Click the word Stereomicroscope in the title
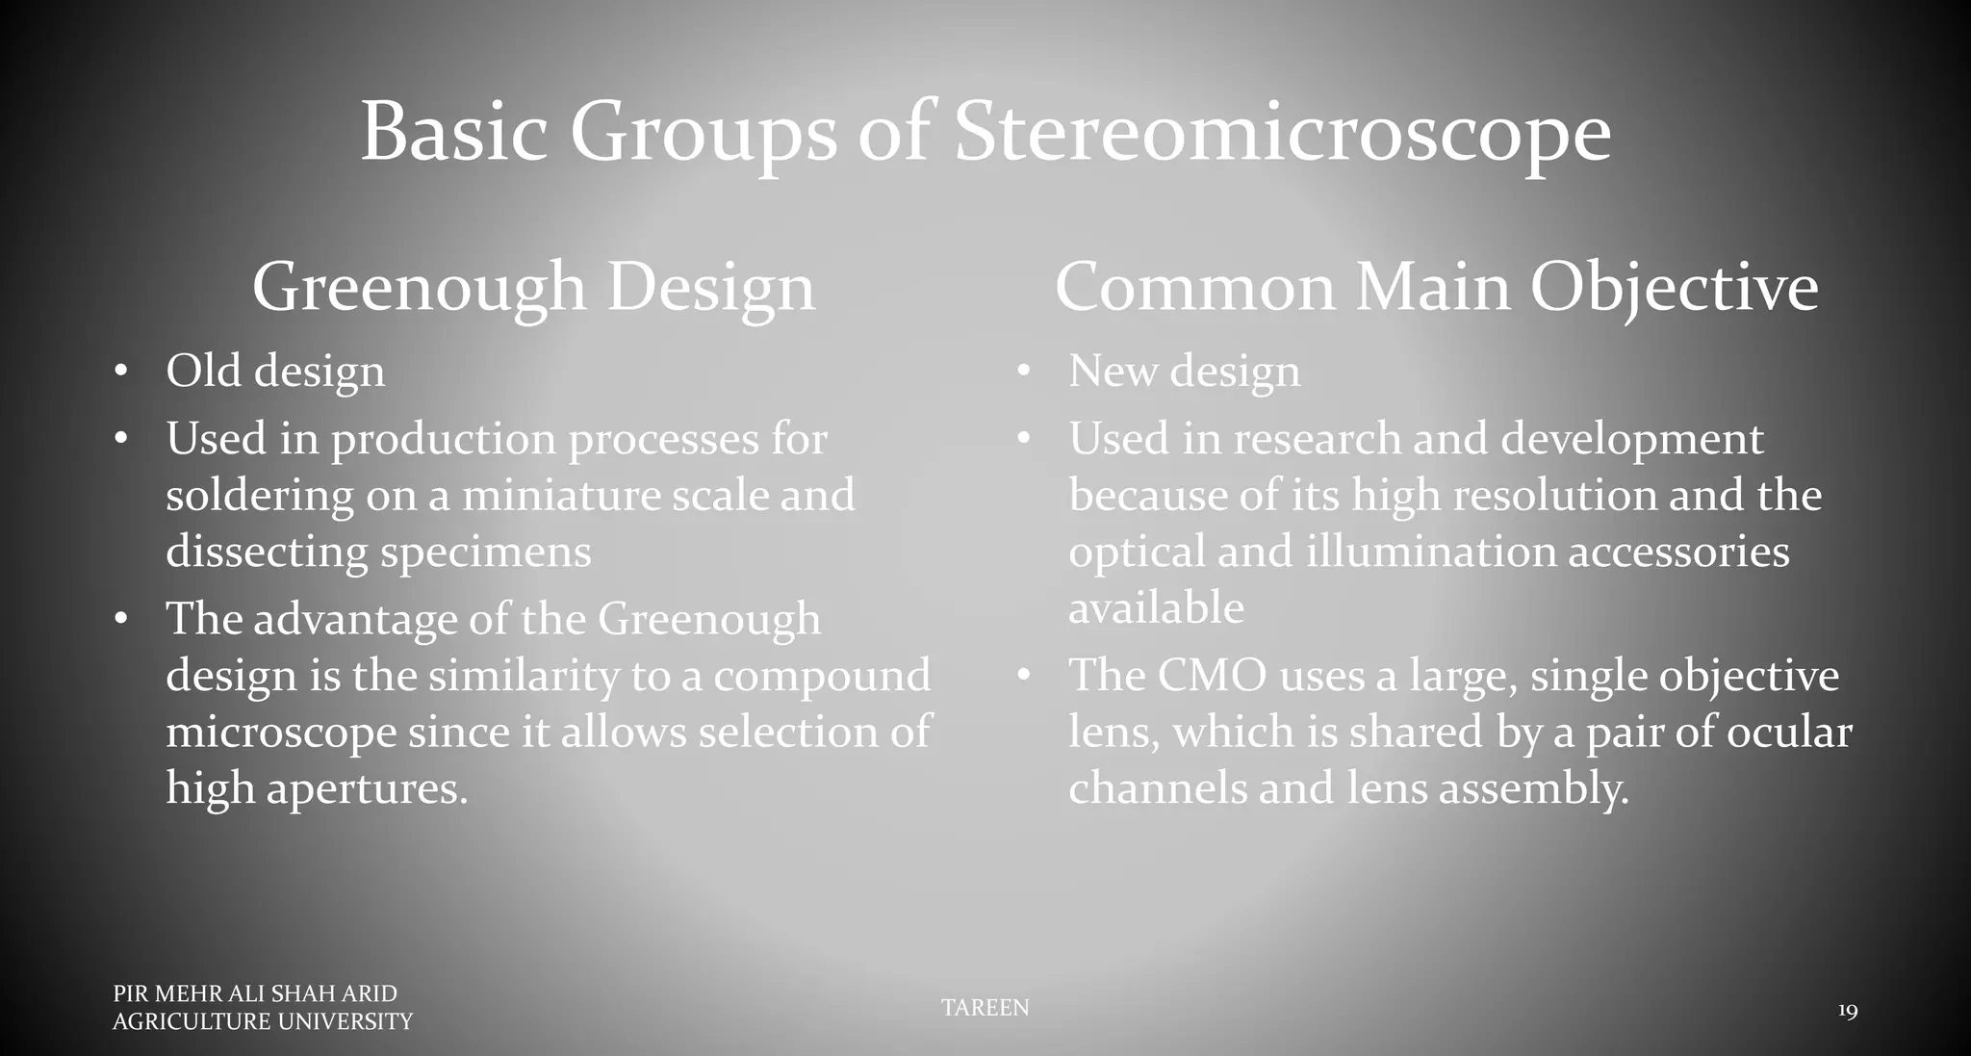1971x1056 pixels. tap(1282, 133)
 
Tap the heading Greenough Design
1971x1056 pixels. tap(534, 287)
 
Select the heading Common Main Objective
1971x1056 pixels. tap(1436, 287)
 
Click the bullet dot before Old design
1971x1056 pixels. tap(120, 372)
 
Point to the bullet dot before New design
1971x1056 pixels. tap(1023, 372)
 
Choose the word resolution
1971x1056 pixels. tap(1554, 496)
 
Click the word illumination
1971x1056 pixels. tap(1430, 553)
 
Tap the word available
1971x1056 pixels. tap(1156, 608)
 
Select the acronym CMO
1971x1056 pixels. tap(1211, 676)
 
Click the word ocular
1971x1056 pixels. tap(1789, 733)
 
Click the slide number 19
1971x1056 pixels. tap(1847, 1011)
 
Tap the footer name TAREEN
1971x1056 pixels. tap(985, 1008)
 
